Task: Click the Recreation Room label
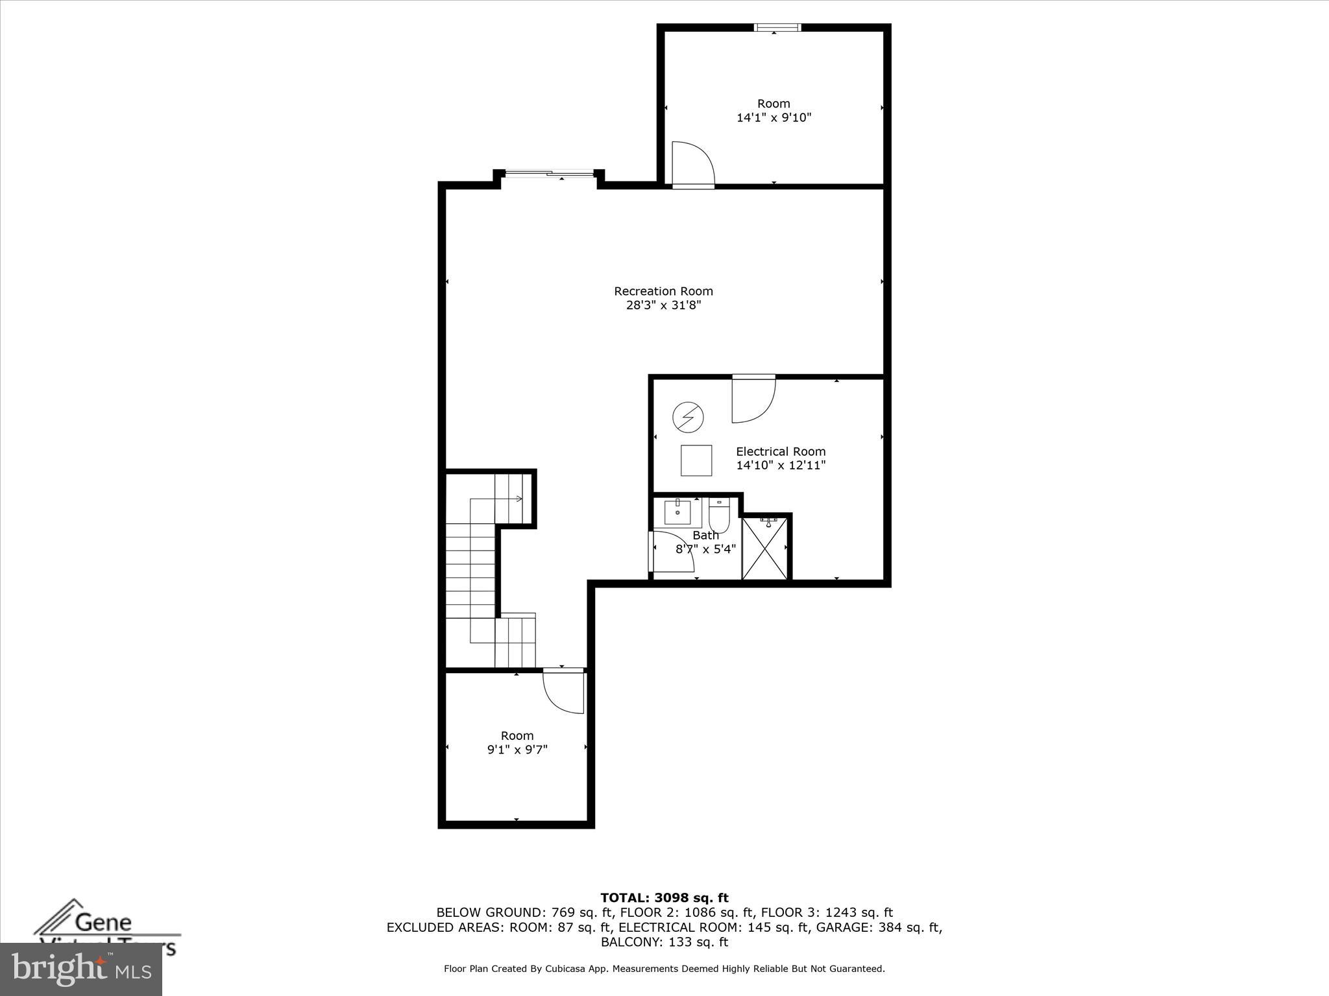coord(663,291)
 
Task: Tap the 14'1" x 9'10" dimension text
coord(774,118)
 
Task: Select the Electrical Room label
coord(781,451)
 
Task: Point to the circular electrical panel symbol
coord(688,418)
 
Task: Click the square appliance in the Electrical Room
coord(696,460)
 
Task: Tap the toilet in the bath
coord(719,515)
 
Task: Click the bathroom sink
coord(677,512)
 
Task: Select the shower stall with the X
coord(766,547)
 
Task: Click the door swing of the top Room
coord(692,163)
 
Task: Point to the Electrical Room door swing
coord(753,399)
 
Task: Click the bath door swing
coord(672,551)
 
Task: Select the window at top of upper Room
coord(777,27)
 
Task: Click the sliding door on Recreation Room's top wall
coord(549,173)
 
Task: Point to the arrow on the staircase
coord(518,498)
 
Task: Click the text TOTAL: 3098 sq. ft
coord(664,898)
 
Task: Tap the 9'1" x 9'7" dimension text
coord(517,750)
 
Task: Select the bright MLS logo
coord(81,969)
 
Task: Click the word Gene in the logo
coord(104,922)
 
